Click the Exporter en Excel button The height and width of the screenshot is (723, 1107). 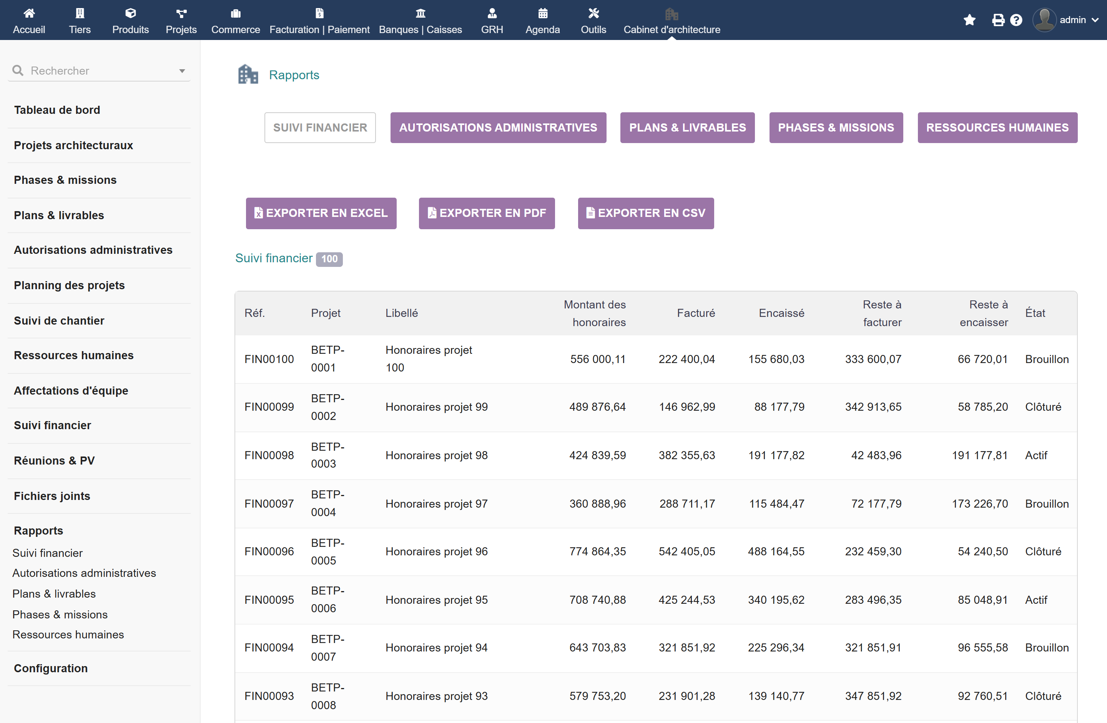(321, 213)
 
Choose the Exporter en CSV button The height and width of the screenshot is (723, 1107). (646, 213)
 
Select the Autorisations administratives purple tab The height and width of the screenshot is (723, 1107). (498, 127)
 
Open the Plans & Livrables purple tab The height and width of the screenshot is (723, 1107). (688, 127)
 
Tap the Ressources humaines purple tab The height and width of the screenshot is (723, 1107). (997, 127)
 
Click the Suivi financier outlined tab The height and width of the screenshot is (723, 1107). (320, 127)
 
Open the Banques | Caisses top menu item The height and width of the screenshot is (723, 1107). (421, 21)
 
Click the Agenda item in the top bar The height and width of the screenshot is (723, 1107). (543, 21)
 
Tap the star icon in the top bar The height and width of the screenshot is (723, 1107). (969, 20)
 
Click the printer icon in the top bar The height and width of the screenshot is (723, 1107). (998, 20)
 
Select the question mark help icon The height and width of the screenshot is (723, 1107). (1016, 20)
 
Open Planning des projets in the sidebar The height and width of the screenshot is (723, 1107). (69, 285)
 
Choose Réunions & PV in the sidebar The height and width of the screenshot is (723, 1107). (55, 461)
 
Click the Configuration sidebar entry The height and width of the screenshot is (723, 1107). (51, 668)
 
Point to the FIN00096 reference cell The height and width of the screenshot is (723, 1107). (269, 551)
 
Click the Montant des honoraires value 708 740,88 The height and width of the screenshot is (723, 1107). (598, 600)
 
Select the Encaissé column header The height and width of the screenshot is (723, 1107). (781, 313)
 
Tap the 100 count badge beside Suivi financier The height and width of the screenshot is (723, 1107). (329, 259)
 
